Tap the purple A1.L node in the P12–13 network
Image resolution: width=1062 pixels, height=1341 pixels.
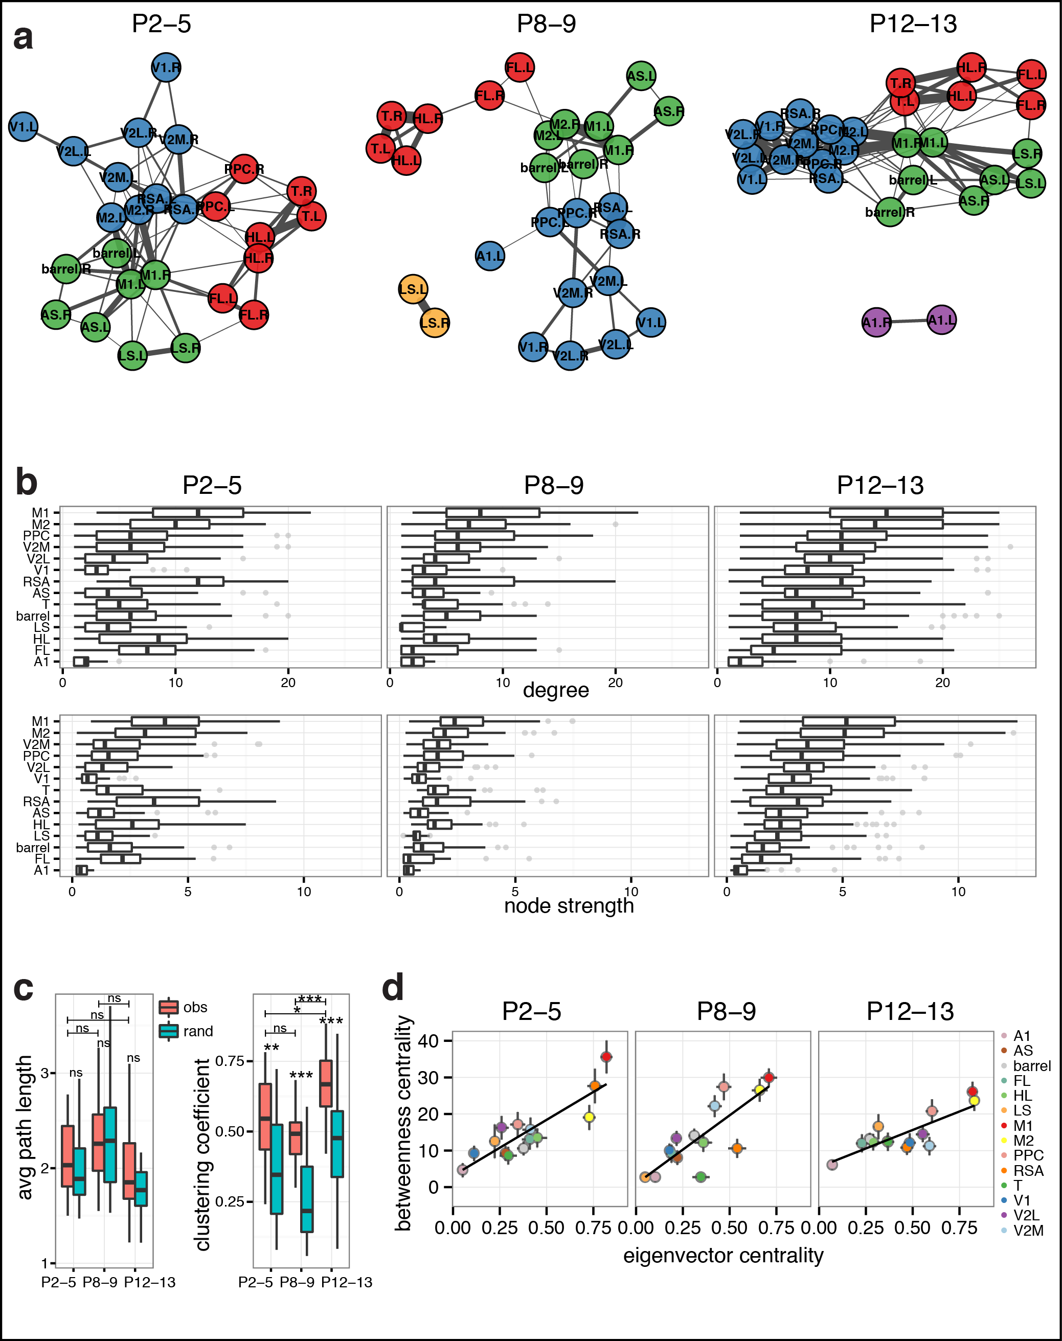(x=941, y=320)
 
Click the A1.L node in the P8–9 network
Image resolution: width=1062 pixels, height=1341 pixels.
(x=490, y=256)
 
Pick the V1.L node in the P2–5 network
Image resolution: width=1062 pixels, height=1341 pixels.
(x=23, y=127)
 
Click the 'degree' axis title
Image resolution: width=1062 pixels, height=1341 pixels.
(x=555, y=691)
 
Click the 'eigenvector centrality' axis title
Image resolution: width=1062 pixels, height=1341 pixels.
(x=722, y=1255)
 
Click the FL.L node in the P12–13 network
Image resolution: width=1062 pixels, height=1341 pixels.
(x=1031, y=75)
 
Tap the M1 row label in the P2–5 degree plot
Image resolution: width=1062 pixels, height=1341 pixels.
(x=40, y=513)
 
